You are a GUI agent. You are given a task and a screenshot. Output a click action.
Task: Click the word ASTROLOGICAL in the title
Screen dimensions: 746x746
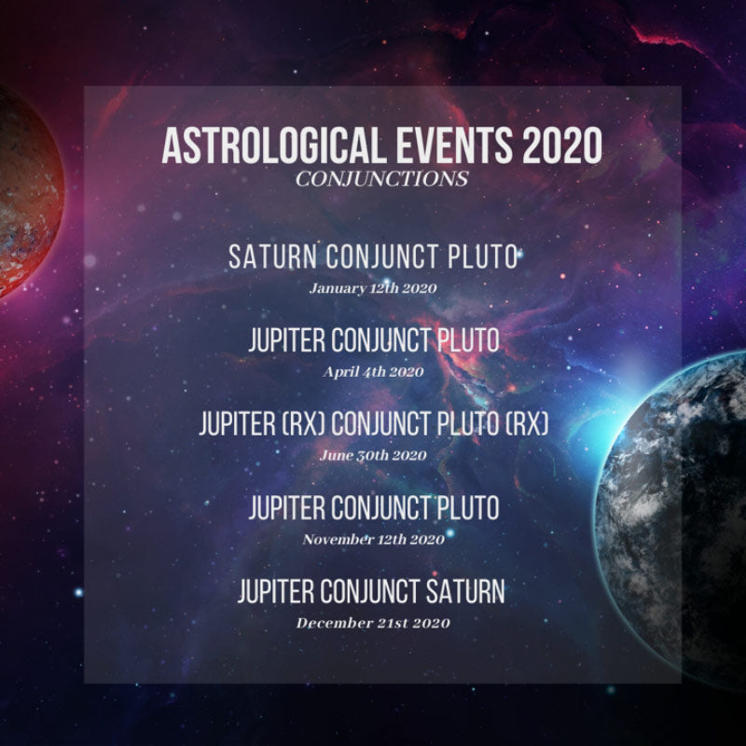pos(273,145)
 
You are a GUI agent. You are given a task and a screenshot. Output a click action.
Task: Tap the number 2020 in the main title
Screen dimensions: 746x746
pos(562,145)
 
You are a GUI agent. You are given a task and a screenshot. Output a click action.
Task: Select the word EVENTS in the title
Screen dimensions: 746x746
pos(454,145)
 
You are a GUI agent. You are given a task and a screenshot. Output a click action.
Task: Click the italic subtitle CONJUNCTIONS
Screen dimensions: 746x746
pos(381,179)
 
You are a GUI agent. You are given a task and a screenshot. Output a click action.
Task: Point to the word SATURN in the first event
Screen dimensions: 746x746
pos(272,256)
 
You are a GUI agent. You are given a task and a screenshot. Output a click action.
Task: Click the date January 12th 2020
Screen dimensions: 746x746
pos(373,288)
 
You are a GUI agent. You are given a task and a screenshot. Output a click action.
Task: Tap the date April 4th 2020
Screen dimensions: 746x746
pos(373,371)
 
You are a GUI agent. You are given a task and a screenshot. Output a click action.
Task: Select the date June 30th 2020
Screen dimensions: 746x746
pos(373,455)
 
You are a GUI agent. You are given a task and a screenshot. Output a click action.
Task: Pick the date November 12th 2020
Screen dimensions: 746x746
pos(374,539)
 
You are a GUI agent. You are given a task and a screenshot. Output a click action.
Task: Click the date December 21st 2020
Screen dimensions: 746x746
pos(373,623)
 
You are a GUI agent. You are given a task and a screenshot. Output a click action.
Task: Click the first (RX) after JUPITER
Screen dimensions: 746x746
pos(304,423)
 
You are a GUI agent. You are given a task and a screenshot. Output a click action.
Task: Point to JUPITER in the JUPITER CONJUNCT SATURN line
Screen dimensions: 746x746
pos(275,591)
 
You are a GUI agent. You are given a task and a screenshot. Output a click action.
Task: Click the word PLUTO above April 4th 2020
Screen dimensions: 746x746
pos(468,340)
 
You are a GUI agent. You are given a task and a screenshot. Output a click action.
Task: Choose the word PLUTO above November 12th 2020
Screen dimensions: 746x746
pos(468,507)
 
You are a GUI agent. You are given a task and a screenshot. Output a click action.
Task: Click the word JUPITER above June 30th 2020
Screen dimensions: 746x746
pos(237,423)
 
